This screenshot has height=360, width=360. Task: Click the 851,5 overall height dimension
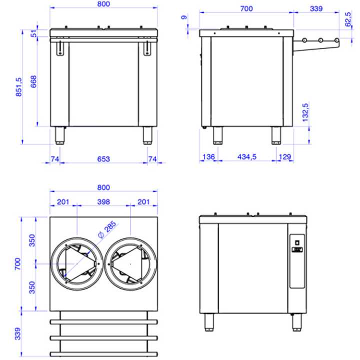click(x=18, y=87)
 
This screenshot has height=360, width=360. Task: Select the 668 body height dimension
click(x=33, y=81)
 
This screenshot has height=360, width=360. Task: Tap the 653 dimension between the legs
click(x=103, y=159)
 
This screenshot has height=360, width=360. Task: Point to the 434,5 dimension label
click(x=247, y=157)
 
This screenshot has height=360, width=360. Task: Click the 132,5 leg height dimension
click(x=305, y=112)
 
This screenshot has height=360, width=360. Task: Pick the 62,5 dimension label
click(x=348, y=19)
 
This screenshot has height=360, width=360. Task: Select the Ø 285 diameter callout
click(x=107, y=229)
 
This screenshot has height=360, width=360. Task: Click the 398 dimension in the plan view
click(x=103, y=202)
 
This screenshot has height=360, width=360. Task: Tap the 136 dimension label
click(x=208, y=157)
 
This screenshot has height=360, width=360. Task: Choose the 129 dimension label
click(x=285, y=157)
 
